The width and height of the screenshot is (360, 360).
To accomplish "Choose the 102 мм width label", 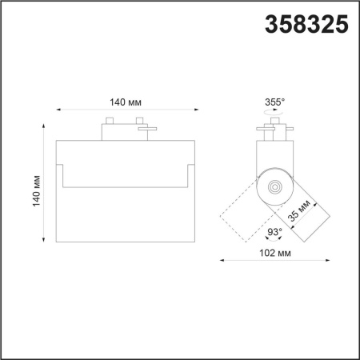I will [x=275, y=253].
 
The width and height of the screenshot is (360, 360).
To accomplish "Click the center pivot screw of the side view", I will [x=274, y=186].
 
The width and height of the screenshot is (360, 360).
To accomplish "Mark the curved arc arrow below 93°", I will [x=273, y=241].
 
